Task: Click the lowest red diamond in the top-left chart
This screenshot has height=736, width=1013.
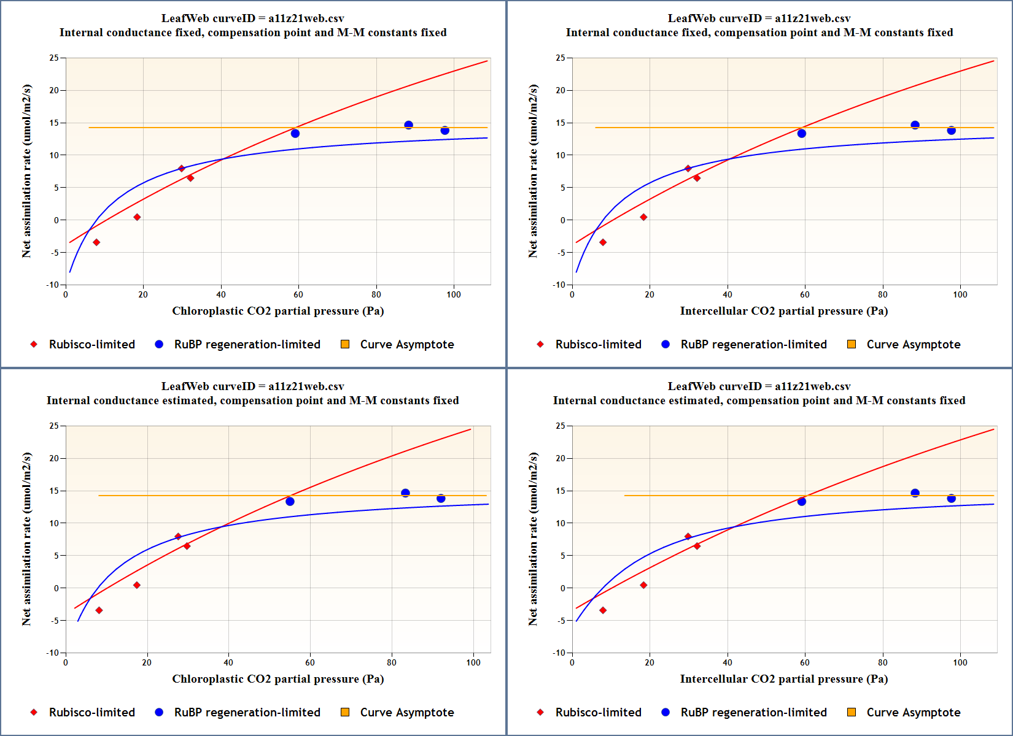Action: click(x=96, y=242)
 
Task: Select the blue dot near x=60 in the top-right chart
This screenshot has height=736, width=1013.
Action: click(x=801, y=134)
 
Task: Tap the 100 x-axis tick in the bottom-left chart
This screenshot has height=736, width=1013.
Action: click(x=473, y=662)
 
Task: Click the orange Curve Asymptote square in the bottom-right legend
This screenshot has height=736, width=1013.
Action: click(x=852, y=712)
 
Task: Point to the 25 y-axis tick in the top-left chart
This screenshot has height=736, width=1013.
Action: click(x=55, y=58)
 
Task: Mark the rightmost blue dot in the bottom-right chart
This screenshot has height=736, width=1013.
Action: click(x=951, y=499)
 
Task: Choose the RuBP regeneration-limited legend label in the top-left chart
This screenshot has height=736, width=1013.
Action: click(x=247, y=344)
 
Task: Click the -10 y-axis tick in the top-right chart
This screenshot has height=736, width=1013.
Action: click(x=559, y=285)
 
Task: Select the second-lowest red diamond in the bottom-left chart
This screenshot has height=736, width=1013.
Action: click(x=137, y=585)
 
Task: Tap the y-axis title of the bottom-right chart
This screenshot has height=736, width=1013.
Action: click(x=533, y=539)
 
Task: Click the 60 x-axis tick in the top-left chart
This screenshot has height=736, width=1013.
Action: click(x=298, y=294)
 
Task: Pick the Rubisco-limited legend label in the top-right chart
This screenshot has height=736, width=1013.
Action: click(x=598, y=344)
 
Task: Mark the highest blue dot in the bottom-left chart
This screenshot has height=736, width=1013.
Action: click(x=405, y=493)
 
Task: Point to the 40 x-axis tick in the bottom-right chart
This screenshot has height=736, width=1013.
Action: click(x=728, y=662)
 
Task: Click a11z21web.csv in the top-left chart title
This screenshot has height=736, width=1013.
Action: click(x=306, y=18)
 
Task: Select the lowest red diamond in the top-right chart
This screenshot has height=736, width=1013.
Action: click(x=603, y=242)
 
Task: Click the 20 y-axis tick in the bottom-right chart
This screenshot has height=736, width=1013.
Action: click(x=561, y=458)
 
